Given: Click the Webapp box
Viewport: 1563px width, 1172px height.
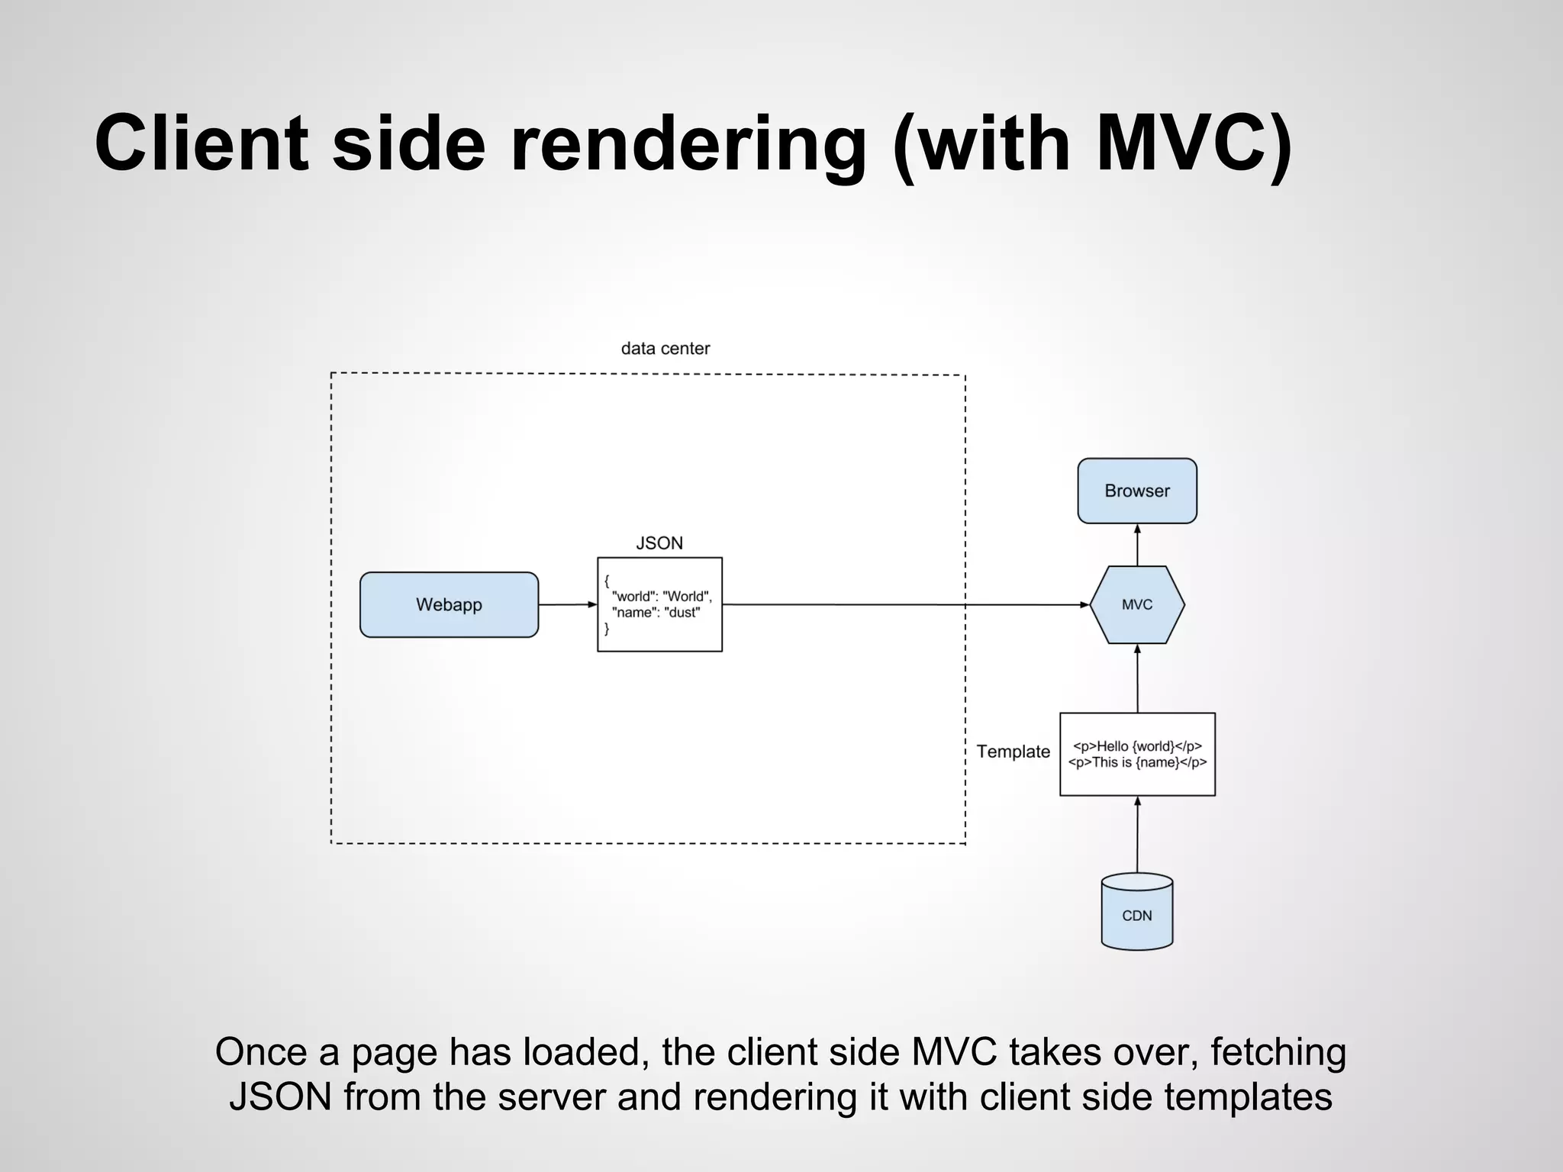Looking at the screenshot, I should [449, 604].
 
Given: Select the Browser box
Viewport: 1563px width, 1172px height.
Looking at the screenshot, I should [1137, 491].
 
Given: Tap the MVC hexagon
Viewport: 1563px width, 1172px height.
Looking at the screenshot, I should [1137, 604].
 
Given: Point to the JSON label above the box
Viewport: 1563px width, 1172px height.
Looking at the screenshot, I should [659, 543].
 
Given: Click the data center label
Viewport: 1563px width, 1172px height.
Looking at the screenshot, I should [665, 349].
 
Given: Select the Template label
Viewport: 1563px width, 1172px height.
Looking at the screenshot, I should [1014, 752].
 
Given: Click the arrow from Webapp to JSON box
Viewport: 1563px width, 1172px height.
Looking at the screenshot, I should [568, 604].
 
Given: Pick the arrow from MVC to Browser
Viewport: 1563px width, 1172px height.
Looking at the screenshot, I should [1137, 545].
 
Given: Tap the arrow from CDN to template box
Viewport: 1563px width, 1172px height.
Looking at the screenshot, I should [1137, 835].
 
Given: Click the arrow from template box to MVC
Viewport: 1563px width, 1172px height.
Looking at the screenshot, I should [1137, 679].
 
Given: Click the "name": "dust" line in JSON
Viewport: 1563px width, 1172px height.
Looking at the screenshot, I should [656, 613].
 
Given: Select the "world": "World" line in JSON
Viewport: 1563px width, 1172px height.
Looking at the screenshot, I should [661, 597].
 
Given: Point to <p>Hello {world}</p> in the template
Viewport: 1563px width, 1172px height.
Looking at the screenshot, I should [1137, 746].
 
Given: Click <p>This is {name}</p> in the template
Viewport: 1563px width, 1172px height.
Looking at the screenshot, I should [1137, 762].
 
